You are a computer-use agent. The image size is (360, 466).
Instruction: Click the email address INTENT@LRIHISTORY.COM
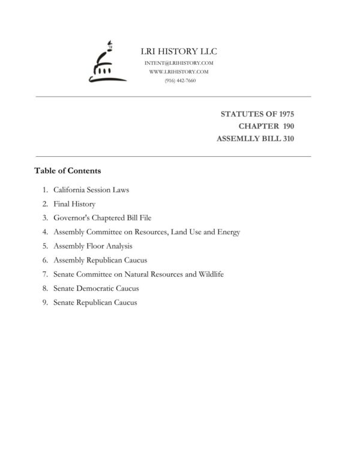[179, 63]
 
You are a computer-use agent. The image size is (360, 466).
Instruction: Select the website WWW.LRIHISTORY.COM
[179, 71]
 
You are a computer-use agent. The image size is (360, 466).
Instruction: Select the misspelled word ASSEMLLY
[238, 139]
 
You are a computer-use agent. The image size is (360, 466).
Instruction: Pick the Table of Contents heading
[67, 171]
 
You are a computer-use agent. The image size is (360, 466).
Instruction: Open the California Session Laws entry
[91, 190]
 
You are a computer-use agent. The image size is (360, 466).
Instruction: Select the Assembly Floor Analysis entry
[93, 246]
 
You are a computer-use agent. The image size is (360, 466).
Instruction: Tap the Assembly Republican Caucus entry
[100, 260]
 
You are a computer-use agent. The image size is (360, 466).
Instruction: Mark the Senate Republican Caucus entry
[95, 303]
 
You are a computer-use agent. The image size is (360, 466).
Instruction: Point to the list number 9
[45, 303]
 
